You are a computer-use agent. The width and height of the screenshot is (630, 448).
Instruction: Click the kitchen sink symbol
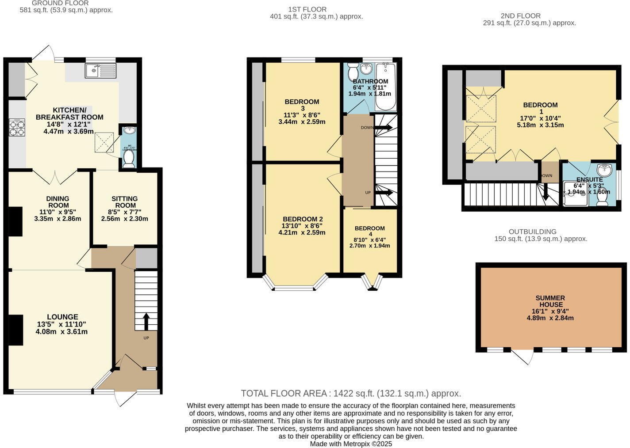[101, 70]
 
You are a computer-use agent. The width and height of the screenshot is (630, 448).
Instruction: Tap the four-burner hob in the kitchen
[17, 128]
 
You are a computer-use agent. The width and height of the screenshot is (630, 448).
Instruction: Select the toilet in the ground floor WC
[128, 159]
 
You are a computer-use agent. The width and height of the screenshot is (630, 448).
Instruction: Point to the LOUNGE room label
[62, 317]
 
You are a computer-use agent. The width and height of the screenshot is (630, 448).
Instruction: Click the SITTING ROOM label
[125, 202]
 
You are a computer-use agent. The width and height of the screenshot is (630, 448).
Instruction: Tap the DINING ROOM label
[58, 202]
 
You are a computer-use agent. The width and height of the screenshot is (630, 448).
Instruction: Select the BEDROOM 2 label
[303, 219]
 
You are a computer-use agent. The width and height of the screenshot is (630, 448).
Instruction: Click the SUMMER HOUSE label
[550, 301]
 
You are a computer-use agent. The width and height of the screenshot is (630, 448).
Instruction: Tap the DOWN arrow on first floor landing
[383, 128]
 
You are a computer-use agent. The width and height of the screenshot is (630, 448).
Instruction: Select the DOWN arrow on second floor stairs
[545, 192]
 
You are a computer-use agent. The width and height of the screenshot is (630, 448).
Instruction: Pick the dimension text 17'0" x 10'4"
[540, 118]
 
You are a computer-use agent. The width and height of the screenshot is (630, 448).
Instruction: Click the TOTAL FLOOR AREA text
[351, 393]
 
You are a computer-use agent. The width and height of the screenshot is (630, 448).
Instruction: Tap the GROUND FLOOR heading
[66, 4]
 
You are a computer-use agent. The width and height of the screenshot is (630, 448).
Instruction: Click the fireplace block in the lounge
[15, 330]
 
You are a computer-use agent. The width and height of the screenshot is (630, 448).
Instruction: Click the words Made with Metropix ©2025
[351, 444]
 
